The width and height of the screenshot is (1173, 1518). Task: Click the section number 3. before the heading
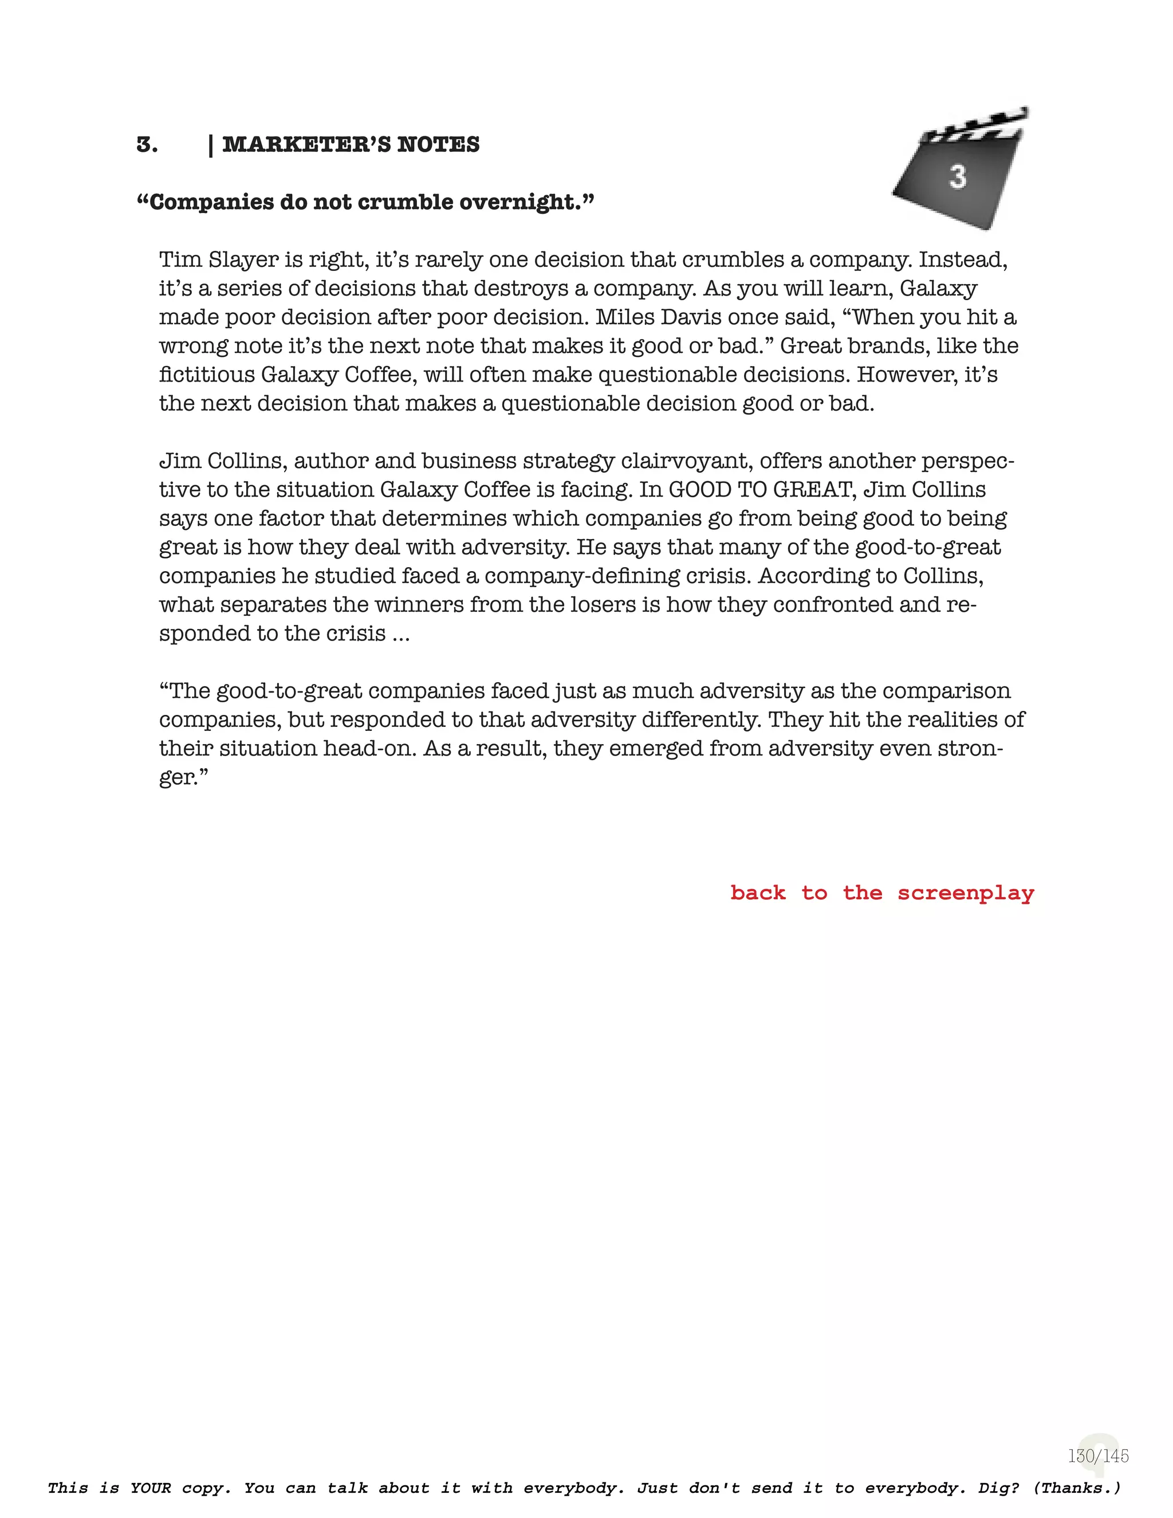pos(147,144)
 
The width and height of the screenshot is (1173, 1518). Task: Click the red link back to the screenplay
pos(881,892)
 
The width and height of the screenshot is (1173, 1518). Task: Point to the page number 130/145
pos(1098,1456)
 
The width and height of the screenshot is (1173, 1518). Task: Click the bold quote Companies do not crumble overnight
pos(365,202)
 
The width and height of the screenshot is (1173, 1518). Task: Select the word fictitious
pos(206,375)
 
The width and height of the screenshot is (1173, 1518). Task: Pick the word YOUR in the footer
pos(150,1488)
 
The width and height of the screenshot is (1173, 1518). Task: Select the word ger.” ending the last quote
pos(183,778)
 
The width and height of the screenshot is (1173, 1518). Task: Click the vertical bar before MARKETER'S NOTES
pos(211,144)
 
